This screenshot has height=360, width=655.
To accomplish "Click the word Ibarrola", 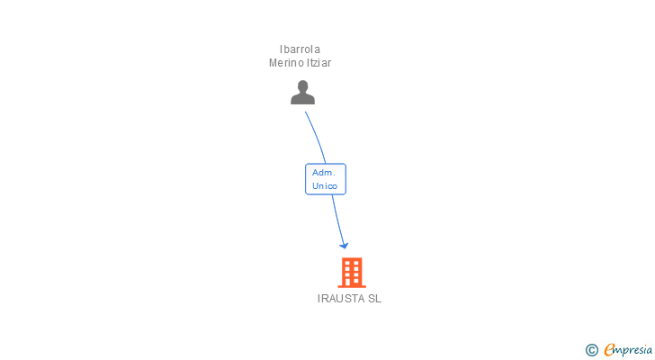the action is point(301,49).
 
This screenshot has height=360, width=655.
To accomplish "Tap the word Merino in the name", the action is point(286,63).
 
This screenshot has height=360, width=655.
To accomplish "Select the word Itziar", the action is point(319,63).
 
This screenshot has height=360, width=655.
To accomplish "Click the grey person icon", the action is point(302,92).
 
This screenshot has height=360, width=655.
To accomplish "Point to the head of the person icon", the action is point(302,86).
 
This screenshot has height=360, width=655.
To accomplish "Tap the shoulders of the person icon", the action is point(302,99).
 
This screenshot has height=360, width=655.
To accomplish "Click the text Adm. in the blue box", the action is point(323,172).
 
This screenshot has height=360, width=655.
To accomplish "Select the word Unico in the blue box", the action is point(325,186).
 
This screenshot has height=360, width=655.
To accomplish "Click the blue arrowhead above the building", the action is point(343,244).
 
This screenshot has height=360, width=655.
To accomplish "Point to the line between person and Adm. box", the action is point(316,136).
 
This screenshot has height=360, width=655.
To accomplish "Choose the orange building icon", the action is point(352,272).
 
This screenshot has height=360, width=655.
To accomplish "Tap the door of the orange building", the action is point(352,282).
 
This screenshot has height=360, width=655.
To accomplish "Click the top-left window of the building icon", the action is point(346,263).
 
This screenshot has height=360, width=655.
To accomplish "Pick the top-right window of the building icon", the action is point(357,263).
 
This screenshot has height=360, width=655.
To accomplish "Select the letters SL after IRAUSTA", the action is point(374,299).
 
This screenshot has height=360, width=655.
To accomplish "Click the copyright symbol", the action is point(591,349).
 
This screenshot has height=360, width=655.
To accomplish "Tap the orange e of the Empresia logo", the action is point(609,349).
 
